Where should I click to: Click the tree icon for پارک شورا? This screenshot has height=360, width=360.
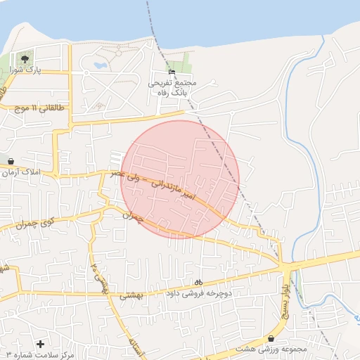25,59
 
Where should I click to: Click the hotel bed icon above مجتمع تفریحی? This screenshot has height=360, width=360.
172,72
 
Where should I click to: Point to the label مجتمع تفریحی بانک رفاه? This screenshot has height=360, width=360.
172,87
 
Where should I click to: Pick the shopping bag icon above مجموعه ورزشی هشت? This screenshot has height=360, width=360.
271,339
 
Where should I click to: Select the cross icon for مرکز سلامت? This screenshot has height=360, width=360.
40,344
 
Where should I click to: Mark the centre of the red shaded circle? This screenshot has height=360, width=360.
180,179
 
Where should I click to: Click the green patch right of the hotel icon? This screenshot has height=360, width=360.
188,63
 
